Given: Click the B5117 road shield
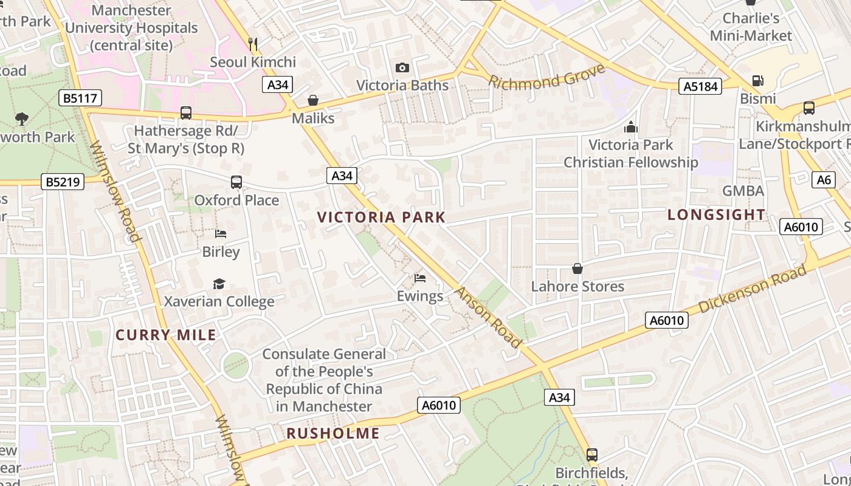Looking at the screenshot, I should click(80, 98).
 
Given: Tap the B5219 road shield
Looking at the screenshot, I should click(63, 182).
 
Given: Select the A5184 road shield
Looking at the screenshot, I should click(700, 86).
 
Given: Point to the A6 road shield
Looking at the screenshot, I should click(824, 179).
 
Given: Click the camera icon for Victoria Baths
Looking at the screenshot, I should click(402, 68).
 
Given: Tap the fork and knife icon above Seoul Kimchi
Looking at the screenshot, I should click(253, 44).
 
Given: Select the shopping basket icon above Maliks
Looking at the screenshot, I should click(313, 100).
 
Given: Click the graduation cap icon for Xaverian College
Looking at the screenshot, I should click(219, 284).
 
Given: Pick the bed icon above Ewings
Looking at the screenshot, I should click(419, 278).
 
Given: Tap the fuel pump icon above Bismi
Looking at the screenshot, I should click(757, 81).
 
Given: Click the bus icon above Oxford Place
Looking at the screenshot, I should click(236, 182).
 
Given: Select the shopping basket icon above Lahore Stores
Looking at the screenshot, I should click(577, 269).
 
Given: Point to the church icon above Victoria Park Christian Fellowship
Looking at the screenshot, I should click(630, 127).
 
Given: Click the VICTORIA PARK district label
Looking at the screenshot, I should click(381, 217).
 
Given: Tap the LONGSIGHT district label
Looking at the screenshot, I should click(716, 214).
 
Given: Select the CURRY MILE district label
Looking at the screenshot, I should click(165, 335).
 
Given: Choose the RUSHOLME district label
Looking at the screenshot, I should click(332, 433).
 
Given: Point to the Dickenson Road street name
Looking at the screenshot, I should click(752, 290).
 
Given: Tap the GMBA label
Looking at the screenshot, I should click(743, 191).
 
